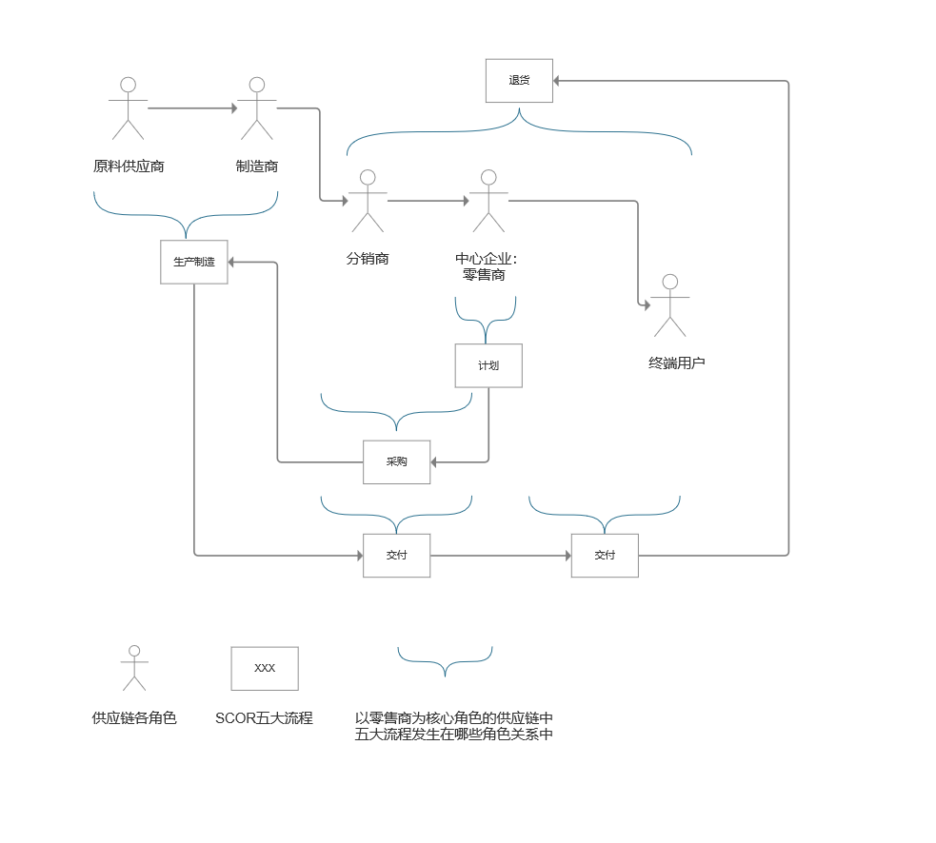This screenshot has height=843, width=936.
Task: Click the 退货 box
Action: point(519,81)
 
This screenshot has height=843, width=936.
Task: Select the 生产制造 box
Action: point(194,262)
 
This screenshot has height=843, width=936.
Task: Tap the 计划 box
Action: point(488,365)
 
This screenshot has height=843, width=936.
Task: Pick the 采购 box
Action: point(396,461)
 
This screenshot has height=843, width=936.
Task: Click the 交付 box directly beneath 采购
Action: point(396,555)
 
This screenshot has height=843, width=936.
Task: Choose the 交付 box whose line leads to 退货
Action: point(605,555)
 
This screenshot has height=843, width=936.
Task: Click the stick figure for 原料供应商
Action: point(128,108)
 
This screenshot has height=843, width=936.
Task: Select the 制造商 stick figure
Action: point(256,108)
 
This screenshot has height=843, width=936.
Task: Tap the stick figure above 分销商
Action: point(368,201)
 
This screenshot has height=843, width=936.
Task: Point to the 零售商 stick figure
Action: point(488,201)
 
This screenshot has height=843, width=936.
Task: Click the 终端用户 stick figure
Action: point(669,305)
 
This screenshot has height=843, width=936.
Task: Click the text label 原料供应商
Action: point(129,167)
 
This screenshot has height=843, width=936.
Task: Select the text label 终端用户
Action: point(677,363)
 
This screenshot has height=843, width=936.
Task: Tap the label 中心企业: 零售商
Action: point(486,266)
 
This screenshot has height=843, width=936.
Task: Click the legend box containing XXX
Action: point(265,668)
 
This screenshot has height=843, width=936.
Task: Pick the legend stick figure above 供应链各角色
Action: point(134,668)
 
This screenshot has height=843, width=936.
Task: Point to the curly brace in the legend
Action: point(445,660)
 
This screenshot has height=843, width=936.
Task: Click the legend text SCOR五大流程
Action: point(264,718)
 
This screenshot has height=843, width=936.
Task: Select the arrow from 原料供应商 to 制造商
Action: point(192,108)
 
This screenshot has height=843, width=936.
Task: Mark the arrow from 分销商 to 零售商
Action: point(428,201)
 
